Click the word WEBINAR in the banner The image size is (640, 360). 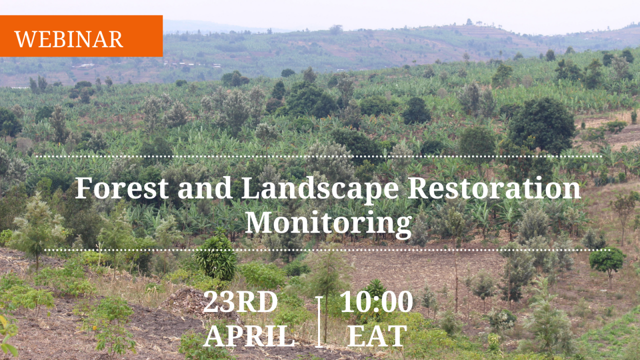68,39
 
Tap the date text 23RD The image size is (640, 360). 240,301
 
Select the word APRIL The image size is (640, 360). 248,336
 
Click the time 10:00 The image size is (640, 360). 376,301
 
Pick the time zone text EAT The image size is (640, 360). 377,336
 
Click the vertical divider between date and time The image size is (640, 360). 319,322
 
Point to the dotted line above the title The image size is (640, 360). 319,156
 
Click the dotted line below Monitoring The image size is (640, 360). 327,250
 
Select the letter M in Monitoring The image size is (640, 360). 258,222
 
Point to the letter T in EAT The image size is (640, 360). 397,336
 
